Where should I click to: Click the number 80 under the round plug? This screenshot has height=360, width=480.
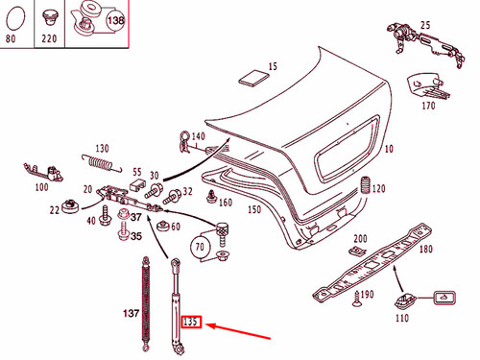point(12,41)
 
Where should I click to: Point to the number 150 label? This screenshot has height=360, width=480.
point(253,209)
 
